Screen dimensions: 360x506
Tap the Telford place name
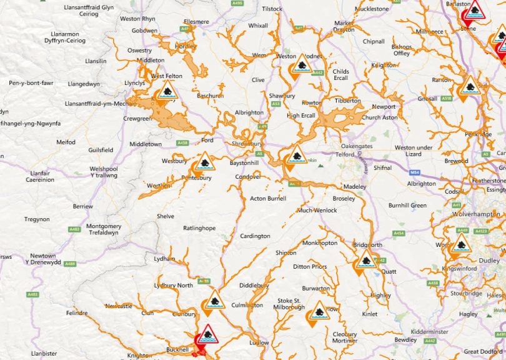(x=345, y=154)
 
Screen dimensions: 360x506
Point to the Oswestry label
(x=139, y=50)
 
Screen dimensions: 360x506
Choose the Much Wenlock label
(x=317, y=210)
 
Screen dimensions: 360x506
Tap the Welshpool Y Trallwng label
(x=104, y=172)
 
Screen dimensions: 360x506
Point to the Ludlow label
(x=259, y=342)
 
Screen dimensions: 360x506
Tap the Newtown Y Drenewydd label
(x=43, y=259)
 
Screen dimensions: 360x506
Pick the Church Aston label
(x=380, y=117)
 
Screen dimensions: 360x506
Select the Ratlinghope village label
(x=199, y=228)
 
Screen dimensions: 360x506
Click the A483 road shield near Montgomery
(x=75, y=229)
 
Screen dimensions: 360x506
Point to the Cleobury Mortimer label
(x=344, y=337)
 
